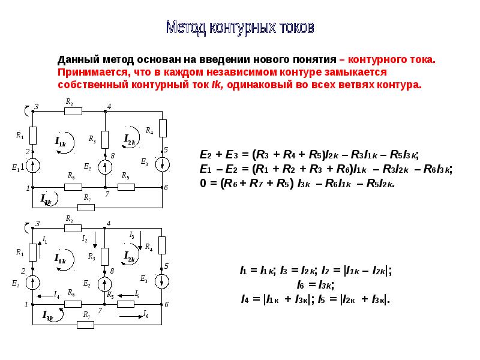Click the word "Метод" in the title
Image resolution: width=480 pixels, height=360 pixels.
(x=187, y=28)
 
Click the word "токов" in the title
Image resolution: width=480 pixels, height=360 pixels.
(x=296, y=28)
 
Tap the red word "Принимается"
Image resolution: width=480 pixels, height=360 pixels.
(x=92, y=73)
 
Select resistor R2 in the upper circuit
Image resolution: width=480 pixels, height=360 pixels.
(x=73, y=111)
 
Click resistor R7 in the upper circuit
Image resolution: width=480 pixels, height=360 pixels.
(x=86, y=208)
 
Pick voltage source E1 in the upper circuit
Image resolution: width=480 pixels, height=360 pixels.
(x=33, y=166)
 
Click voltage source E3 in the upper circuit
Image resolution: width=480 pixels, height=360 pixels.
(x=162, y=164)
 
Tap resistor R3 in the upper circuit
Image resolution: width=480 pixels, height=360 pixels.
(x=105, y=140)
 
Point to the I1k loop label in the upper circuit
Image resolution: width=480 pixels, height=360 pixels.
(x=61, y=142)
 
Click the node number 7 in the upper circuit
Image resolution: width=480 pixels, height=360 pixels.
(x=107, y=194)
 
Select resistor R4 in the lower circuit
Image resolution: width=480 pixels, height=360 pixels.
(x=162, y=245)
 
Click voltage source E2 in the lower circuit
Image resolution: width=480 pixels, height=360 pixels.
(x=104, y=284)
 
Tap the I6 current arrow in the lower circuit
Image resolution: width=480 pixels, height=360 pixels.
(x=131, y=317)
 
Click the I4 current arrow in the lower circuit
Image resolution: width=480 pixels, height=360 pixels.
(x=44, y=296)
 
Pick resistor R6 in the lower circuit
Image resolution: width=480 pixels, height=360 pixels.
(x=73, y=304)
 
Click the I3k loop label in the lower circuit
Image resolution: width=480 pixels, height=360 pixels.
(x=48, y=316)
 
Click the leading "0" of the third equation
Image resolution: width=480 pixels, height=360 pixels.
(x=203, y=183)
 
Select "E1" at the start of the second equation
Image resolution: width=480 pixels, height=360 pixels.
(x=206, y=169)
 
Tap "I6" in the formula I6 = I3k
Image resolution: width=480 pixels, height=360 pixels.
(x=301, y=285)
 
